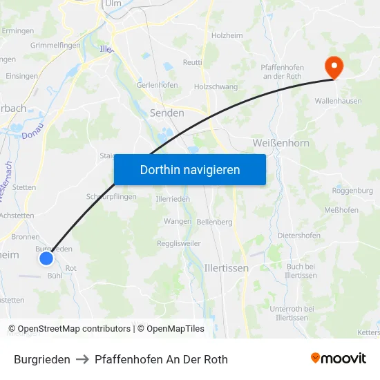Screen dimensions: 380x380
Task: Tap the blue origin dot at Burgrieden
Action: (x=46, y=258)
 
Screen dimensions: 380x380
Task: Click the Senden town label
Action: (x=167, y=113)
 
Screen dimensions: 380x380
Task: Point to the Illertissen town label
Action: (x=227, y=267)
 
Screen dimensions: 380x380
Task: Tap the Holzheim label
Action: (x=227, y=35)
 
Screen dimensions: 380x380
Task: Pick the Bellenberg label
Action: (x=214, y=222)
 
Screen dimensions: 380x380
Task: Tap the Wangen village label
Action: (x=178, y=221)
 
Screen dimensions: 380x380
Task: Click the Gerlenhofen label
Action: (x=158, y=85)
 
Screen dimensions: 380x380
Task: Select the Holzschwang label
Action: (x=216, y=87)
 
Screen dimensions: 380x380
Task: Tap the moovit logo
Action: (x=339, y=359)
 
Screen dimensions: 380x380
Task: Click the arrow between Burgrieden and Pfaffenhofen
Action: (x=82, y=359)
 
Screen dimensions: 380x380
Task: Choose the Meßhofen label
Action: (x=341, y=210)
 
